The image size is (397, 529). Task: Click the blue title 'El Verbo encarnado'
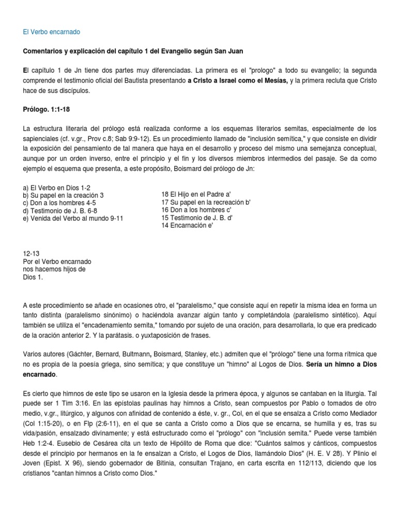pos(52,32)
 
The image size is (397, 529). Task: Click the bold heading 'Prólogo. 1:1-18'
pos(48,110)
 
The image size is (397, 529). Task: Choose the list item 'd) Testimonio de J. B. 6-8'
pos(60,211)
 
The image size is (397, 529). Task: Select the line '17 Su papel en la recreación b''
pos(206,203)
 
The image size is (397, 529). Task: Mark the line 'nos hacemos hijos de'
pos(54,269)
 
